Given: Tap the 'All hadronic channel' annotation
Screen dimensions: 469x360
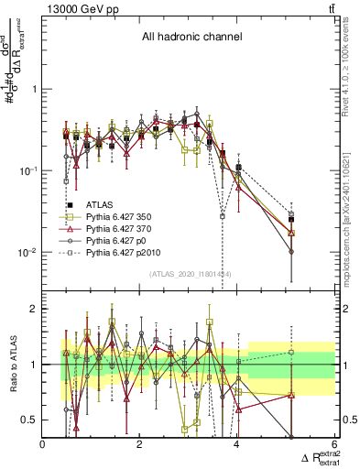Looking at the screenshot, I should pos(190,38).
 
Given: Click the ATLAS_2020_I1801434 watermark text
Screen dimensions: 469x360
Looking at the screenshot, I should pos(189,274).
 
